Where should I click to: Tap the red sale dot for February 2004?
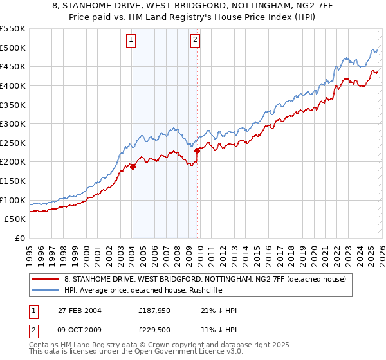coord(133,166)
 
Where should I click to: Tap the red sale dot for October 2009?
coord(197,150)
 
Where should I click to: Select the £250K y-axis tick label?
coord(13,143)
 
